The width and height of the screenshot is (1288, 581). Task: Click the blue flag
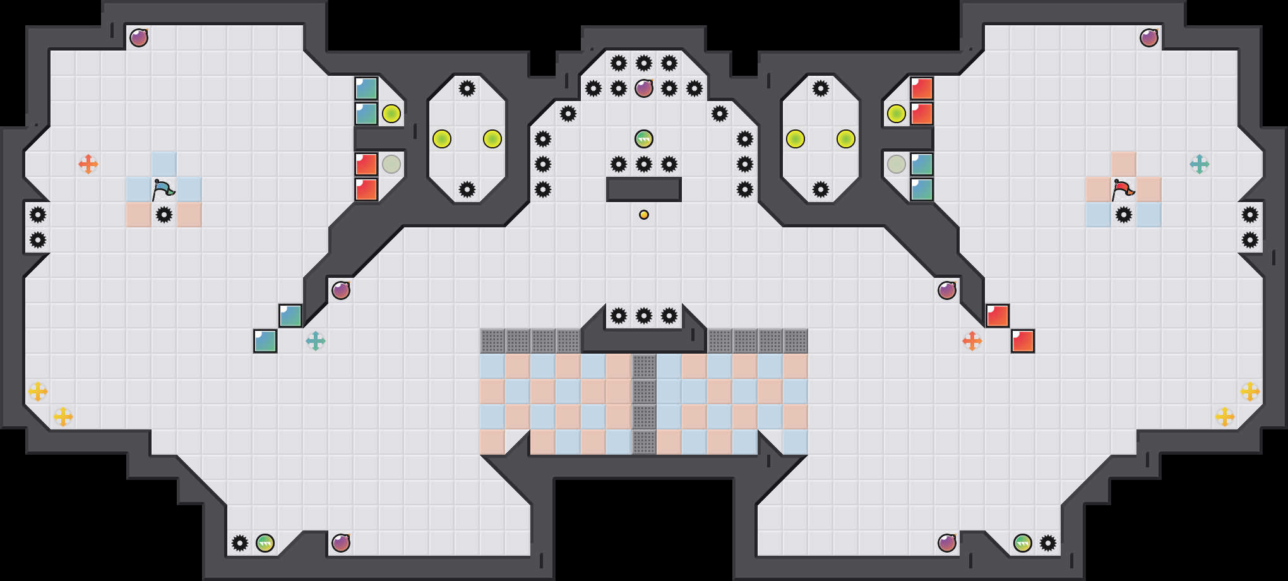point(163,189)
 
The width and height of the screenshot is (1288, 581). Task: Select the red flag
point(1123,189)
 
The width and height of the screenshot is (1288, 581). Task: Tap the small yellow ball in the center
point(644,215)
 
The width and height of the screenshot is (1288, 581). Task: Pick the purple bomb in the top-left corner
point(139,38)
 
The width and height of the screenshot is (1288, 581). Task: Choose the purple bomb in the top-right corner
point(1149,38)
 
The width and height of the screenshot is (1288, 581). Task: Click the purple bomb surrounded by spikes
point(644,88)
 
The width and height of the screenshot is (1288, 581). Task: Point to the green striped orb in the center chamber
point(644,139)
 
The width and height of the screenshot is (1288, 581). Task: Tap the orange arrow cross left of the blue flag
point(88,164)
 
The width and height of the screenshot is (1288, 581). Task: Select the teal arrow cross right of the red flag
point(1200,164)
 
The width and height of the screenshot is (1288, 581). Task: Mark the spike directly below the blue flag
point(164,215)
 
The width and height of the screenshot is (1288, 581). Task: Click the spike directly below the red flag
point(1124,215)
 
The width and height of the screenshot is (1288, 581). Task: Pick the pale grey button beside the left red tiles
point(391,164)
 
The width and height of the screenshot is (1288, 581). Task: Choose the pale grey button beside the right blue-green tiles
point(897,164)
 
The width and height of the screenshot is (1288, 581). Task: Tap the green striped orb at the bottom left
point(265,543)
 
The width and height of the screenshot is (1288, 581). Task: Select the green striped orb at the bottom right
point(1023,543)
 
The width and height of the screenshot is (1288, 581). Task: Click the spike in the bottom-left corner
point(240,543)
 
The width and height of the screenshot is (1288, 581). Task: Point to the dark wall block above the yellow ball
point(644,189)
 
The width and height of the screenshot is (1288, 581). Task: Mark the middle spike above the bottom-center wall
point(644,316)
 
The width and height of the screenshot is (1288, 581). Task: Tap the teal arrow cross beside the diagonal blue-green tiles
point(316,341)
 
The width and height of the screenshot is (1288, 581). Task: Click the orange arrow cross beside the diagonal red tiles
point(972,341)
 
